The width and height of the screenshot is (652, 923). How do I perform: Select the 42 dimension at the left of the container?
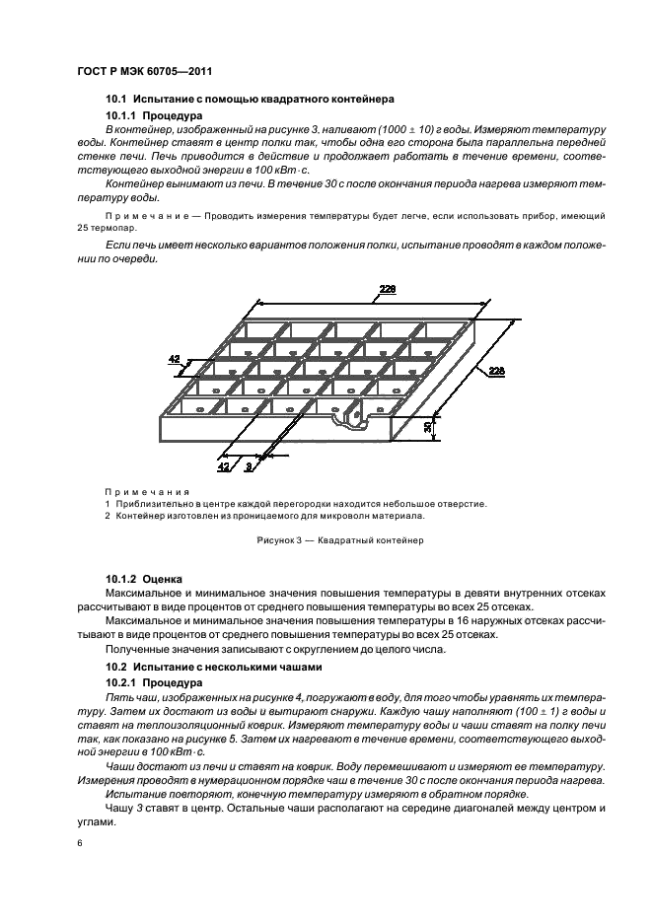[x=175, y=361]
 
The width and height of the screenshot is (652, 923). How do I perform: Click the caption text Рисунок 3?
[x=282, y=540]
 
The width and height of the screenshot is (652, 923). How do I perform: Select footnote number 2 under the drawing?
[x=109, y=515]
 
